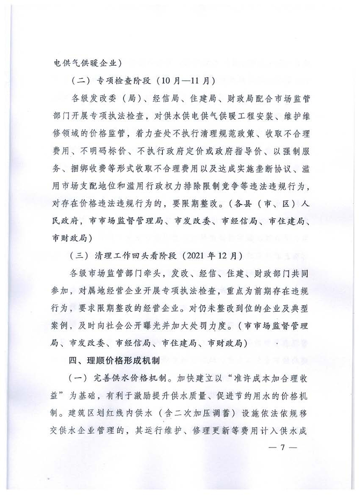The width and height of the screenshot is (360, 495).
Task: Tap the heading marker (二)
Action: click(x=80, y=81)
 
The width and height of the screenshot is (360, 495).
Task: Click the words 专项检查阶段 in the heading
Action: click(x=121, y=81)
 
